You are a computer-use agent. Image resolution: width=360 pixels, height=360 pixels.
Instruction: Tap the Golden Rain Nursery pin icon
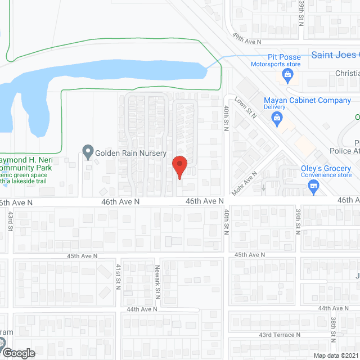pos(87,152)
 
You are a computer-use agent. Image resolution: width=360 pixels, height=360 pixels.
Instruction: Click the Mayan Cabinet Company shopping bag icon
pos(277,117)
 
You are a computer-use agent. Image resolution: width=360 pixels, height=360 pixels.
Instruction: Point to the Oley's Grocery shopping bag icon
pos(314,191)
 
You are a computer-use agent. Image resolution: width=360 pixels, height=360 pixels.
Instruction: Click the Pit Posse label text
pos(283,57)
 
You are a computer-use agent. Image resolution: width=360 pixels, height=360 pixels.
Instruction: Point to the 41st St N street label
pos(119,276)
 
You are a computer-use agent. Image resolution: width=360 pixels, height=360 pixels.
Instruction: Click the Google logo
pos(18,353)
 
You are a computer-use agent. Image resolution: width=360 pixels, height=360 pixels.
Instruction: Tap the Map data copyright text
pos(336,355)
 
